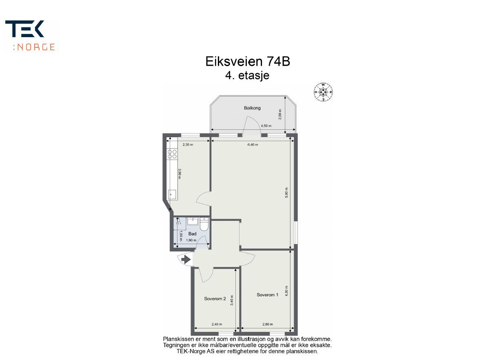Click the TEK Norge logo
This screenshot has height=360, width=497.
point(30,36)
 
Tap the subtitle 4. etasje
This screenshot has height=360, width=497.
point(247,76)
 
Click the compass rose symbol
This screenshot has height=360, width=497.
point(323,92)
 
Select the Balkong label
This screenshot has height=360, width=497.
point(252,108)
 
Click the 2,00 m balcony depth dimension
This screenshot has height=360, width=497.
point(280,114)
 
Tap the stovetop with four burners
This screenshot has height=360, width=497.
point(172,154)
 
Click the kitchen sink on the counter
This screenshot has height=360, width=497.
point(172,194)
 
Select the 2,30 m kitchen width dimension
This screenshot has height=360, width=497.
point(188,144)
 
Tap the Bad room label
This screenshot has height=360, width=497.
point(192,234)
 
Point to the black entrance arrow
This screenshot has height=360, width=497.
point(186,259)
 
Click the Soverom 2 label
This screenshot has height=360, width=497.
point(215,299)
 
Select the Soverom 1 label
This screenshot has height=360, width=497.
point(267,295)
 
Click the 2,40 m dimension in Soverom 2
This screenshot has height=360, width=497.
point(217,324)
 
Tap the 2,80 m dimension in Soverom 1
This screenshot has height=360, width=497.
point(267,324)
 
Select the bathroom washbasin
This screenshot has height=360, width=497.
point(192,221)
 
